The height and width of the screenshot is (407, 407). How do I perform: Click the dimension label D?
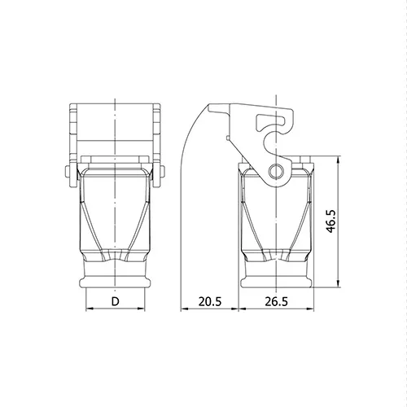[116, 301]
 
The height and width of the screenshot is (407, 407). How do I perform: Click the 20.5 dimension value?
[210, 301]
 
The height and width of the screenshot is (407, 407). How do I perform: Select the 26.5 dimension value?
[276, 301]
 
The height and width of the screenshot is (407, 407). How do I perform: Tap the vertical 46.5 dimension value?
[330, 221]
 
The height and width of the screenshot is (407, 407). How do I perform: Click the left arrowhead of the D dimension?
[90, 309]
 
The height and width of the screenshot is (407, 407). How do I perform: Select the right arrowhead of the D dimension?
[142, 309]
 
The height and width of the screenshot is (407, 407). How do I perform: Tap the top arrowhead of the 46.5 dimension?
[338, 160]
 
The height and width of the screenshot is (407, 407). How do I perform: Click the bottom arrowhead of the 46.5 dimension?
[338, 283]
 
